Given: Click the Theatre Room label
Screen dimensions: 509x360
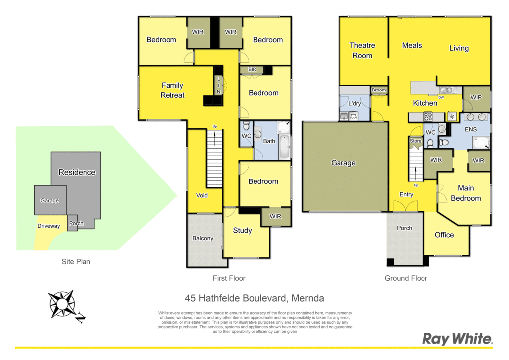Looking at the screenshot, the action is point(362,50).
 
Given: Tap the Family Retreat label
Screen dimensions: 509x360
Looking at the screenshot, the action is point(172,90).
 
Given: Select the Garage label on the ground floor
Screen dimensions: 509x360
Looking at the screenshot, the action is point(343,163).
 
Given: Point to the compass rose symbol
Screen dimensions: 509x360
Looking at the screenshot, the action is point(62,304).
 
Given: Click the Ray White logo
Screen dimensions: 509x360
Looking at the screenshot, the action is point(457,339).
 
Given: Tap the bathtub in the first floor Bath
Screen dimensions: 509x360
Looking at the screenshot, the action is point(285,147).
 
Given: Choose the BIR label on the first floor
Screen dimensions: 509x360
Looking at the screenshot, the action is point(252,69).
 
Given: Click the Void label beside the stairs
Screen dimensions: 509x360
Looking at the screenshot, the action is point(202,195).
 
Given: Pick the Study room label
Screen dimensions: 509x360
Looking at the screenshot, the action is point(243,231).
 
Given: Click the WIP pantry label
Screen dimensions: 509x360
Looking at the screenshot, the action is point(476,97).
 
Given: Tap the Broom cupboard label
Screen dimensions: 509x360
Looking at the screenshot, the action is point(379,90).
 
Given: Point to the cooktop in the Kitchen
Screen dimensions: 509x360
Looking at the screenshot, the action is point(428,116).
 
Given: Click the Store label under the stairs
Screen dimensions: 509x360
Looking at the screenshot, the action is point(415,141).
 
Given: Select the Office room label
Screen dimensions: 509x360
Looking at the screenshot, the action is point(444,235).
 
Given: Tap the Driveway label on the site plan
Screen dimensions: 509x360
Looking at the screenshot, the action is point(49,226).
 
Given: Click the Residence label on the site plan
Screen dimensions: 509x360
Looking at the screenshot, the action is point(77,172).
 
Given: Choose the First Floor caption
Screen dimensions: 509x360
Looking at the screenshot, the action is point(229,278).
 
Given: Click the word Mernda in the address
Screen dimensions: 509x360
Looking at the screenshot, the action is point(308,298).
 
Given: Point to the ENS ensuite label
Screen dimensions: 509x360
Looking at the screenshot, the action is point(471,129).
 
